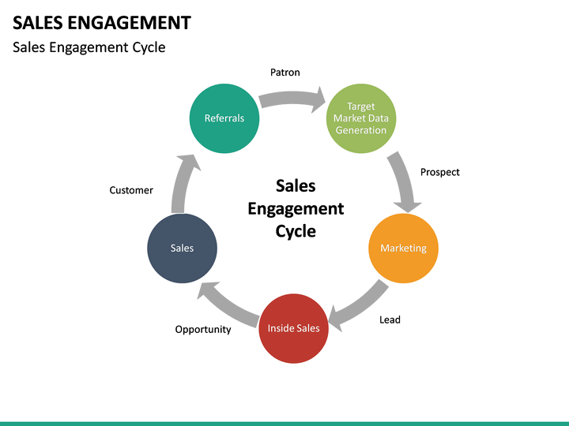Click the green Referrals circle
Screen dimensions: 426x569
(224, 118)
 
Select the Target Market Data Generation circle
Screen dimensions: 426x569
(361, 118)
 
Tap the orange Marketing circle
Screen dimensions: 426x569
(403, 248)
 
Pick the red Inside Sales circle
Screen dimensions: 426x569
(293, 327)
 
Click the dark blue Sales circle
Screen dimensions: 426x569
(182, 248)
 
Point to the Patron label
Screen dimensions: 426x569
(285, 73)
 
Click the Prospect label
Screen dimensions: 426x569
(439, 172)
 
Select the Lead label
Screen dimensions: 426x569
(390, 319)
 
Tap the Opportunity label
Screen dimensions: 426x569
(203, 329)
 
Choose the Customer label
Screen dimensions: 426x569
(131, 190)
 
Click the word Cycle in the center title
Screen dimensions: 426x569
(296, 231)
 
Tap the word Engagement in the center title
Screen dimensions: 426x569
(296, 208)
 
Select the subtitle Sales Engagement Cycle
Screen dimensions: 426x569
(89, 47)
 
